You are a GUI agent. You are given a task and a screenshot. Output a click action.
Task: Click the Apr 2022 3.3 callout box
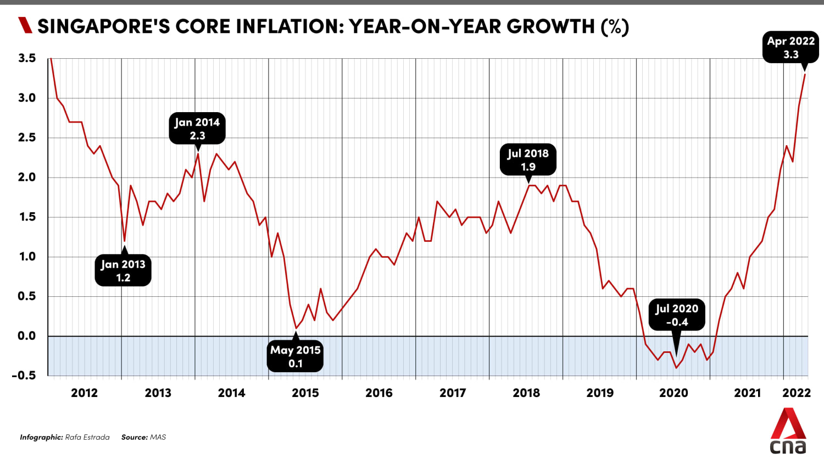point(790,48)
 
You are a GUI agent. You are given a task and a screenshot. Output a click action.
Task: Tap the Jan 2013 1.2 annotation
point(123,270)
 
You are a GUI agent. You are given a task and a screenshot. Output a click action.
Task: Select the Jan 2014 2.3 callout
point(197,129)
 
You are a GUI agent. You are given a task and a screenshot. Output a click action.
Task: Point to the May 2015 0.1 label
point(296,356)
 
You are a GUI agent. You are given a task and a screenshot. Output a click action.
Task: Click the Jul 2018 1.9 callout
point(528,159)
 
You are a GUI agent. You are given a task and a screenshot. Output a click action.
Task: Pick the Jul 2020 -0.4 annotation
point(677,315)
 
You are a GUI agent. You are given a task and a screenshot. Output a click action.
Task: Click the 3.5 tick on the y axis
point(26,58)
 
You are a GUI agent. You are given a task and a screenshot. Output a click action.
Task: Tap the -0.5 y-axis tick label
point(24,375)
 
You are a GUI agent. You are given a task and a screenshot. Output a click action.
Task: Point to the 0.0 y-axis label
point(26,336)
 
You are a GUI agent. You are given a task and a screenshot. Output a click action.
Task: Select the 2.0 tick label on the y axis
point(26,177)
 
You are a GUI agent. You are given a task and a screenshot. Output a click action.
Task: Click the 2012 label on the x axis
point(84,393)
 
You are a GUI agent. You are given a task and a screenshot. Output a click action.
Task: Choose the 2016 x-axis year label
point(379,393)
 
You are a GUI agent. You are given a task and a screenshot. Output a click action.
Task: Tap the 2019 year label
point(600,393)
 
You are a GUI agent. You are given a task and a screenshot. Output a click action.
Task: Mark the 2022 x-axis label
point(797,393)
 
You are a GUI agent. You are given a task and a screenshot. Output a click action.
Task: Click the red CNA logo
point(788,432)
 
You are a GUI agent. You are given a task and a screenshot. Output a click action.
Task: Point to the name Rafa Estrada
point(87,437)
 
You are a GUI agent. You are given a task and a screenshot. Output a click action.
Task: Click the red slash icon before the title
point(25,25)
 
